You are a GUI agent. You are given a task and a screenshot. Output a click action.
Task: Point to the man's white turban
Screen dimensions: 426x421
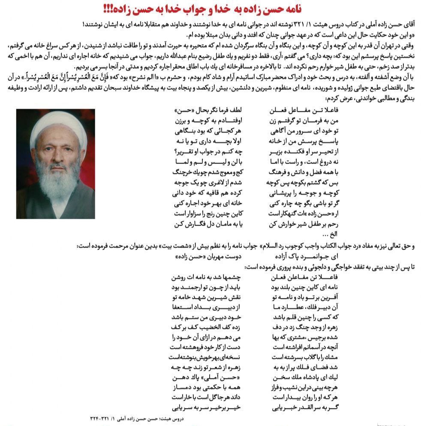tap(54, 125)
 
